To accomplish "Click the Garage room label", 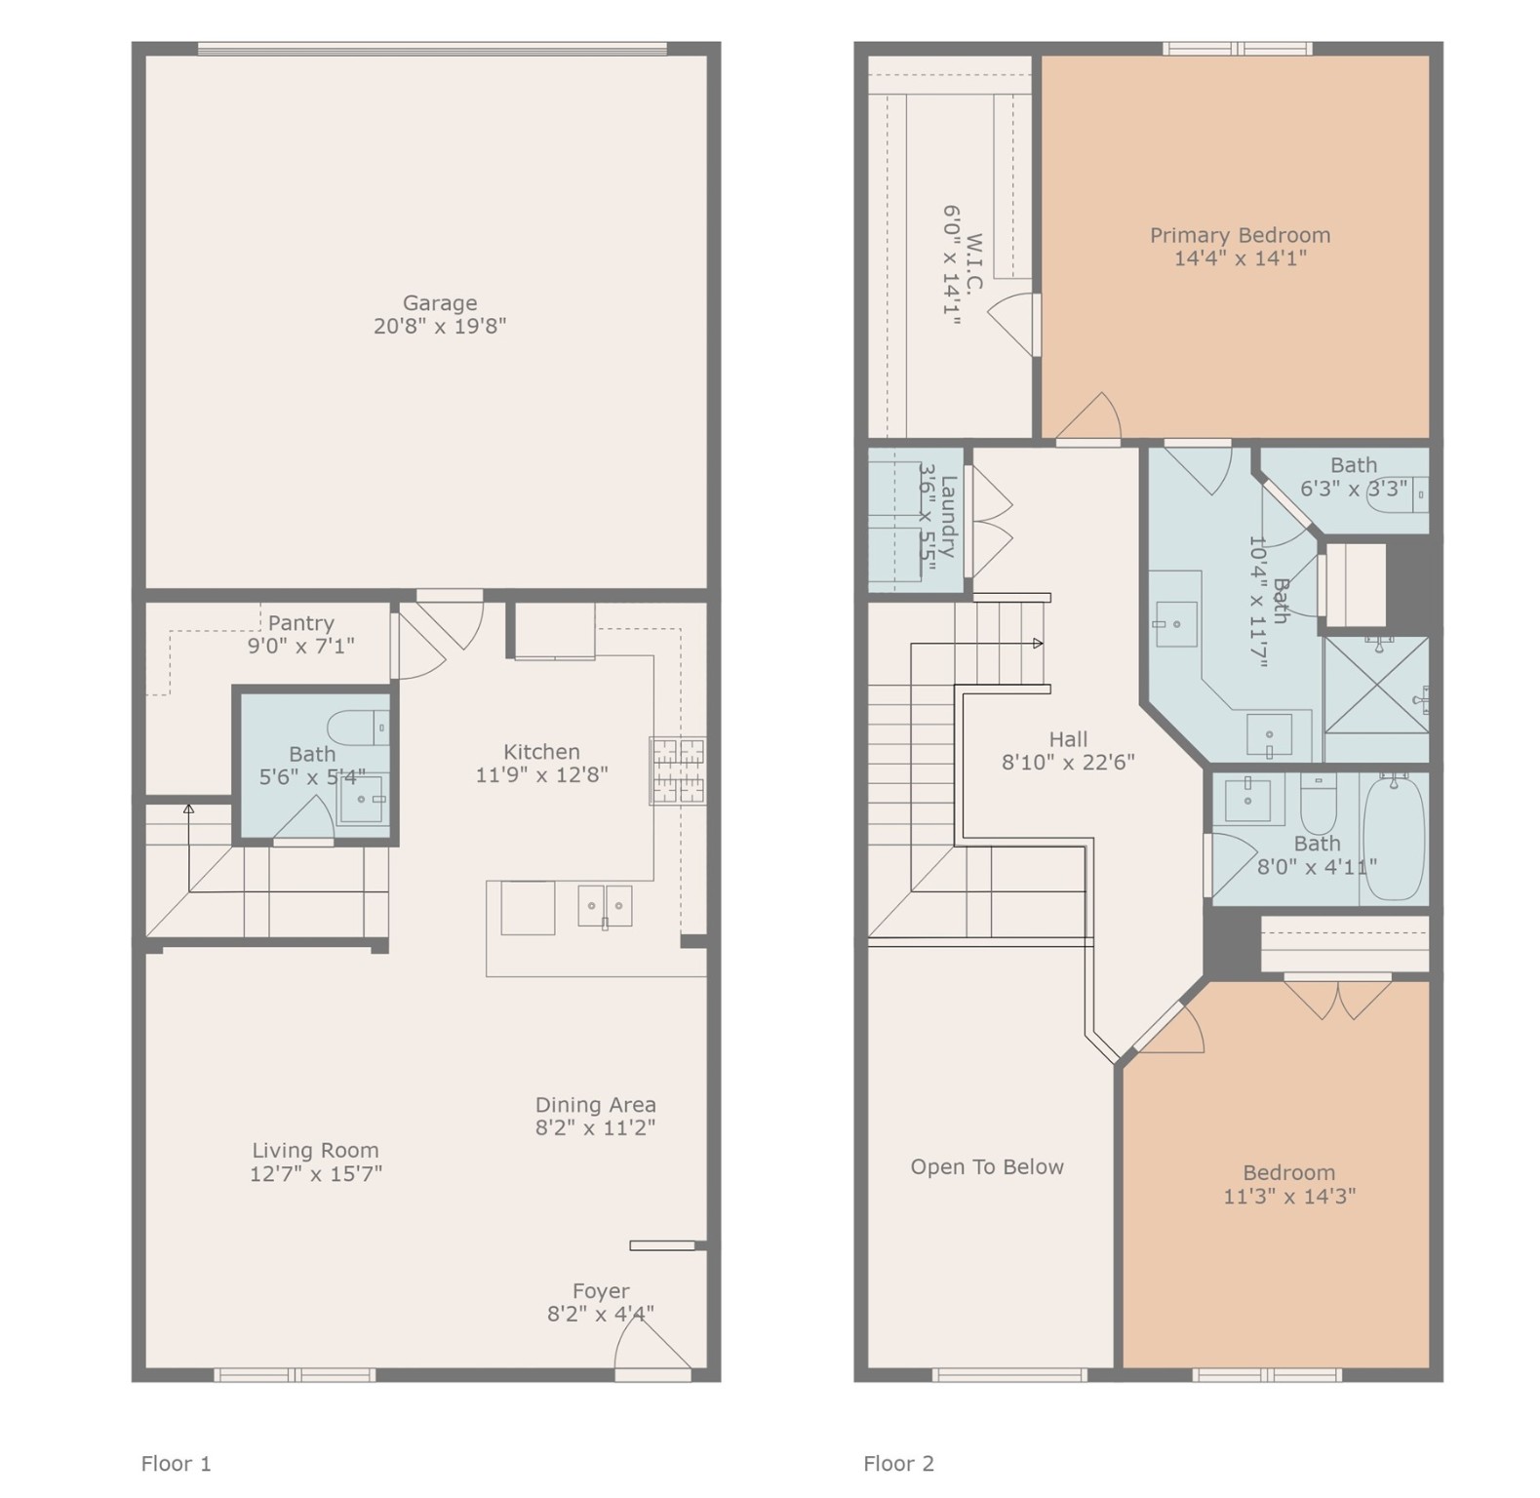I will (440, 303).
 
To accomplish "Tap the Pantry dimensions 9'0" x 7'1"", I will (300, 646).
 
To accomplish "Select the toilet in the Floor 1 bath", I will (358, 728).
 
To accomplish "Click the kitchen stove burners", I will (678, 770).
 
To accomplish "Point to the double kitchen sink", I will (604, 906).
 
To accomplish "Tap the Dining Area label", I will (595, 1105).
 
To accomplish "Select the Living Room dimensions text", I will (315, 1174).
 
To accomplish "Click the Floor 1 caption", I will (176, 1464).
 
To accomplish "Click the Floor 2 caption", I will (898, 1464).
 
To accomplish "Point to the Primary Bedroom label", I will (1240, 235).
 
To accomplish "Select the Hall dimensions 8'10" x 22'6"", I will (1068, 763).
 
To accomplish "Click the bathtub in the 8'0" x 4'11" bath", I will (1393, 838).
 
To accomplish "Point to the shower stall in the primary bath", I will (1376, 698).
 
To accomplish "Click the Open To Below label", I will (987, 1167).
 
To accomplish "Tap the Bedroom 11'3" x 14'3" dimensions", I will (1289, 1197).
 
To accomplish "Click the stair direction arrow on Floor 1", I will (188, 808).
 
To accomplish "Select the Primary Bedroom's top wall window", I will (1237, 49).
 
